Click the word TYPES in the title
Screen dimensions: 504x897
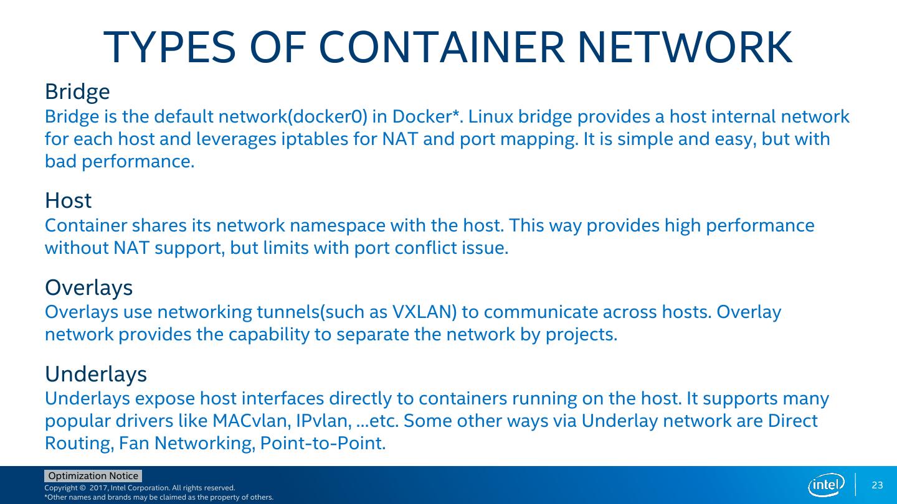(170, 48)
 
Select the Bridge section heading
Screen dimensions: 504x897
(77, 92)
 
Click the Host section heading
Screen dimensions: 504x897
(68, 201)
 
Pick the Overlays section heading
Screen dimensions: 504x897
(88, 287)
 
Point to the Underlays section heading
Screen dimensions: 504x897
(96, 374)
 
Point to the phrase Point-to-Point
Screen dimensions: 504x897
(323, 444)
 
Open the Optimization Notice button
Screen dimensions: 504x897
(93, 476)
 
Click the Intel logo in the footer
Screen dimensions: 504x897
(826, 485)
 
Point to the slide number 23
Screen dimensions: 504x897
(877, 485)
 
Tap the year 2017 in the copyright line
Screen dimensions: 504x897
(99, 488)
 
